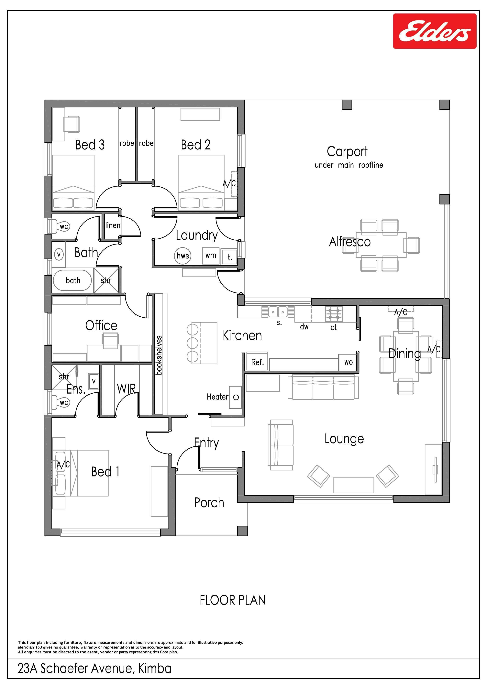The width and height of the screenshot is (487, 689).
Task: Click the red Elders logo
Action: tap(435, 31)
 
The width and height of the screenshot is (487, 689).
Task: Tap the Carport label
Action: tap(347, 152)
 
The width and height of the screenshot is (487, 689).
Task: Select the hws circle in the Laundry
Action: tap(183, 256)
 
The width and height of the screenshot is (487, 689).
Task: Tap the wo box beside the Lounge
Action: tap(348, 362)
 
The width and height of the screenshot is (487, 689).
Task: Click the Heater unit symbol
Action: tap(236, 397)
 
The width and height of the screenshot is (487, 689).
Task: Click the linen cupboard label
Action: tap(113, 225)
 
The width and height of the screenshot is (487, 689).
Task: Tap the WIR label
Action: tap(126, 389)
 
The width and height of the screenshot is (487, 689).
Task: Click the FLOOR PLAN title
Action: tap(233, 600)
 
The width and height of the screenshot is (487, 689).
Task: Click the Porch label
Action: tap(209, 503)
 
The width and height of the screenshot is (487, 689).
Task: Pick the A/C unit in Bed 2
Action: tap(234, 184)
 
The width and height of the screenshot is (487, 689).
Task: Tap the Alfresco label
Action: tap(350, 242)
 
